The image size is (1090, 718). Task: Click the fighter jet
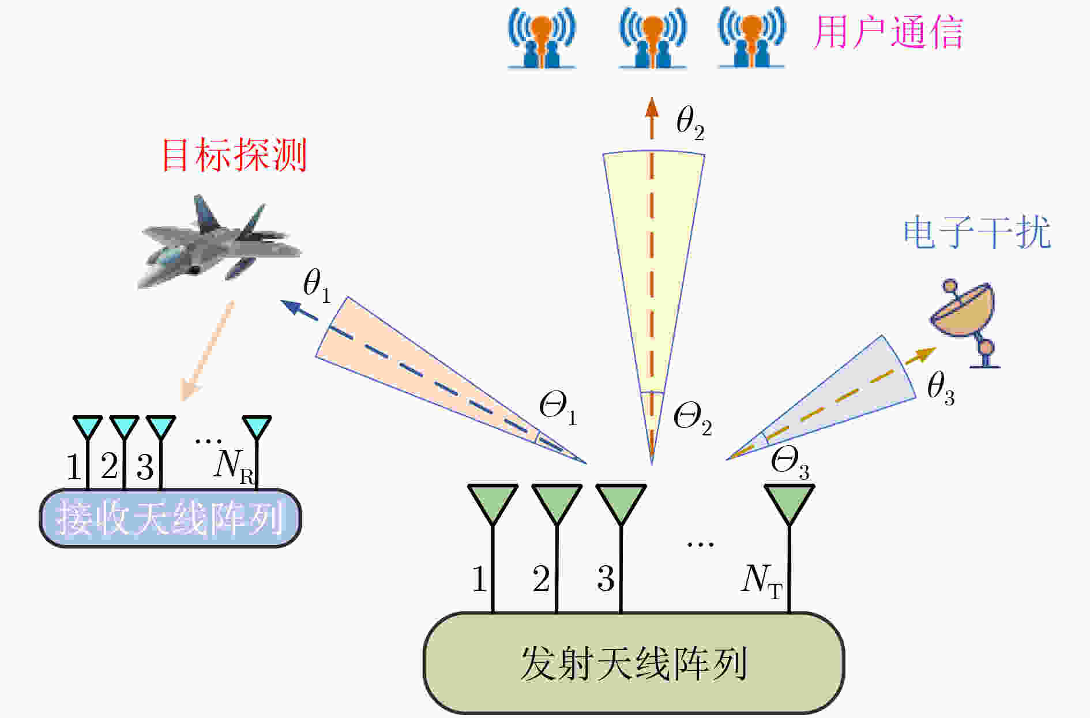click(219, 242)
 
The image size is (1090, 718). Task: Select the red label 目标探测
click(234, 155)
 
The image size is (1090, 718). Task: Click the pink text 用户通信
click(888, 32)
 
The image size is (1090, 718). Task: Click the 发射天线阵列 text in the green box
click(634, 663)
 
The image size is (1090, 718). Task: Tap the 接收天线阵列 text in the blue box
click(171, 518)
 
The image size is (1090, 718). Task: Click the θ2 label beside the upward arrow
click(690, 123)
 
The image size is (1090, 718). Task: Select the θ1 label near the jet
click(317, 285)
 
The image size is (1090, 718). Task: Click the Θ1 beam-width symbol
click(558, 408)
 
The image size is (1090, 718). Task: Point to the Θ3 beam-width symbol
click(790, 463)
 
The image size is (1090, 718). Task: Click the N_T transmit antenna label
click(762, 581)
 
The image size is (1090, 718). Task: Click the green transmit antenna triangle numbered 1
click(493, 503)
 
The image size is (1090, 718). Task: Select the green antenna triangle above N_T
click(789, 503)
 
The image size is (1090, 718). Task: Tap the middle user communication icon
click(653, 38)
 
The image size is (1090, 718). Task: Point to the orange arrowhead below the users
click(652, 108)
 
